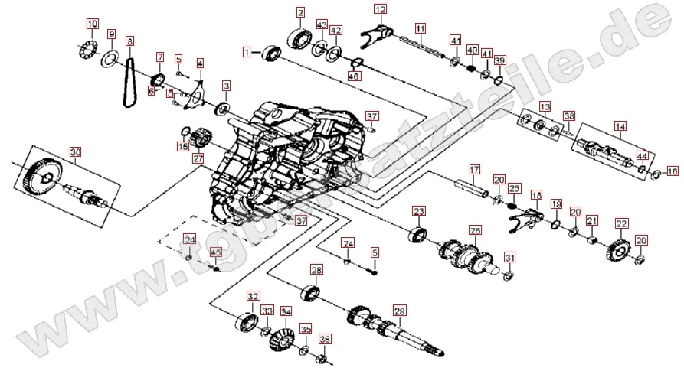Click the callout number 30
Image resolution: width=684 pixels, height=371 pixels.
tap(74, 151)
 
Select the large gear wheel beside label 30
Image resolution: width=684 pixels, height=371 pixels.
tap(47, 178)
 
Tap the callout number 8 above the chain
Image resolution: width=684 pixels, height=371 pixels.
tap(129, 41)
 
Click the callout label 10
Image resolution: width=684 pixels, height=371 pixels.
tap(92, 24)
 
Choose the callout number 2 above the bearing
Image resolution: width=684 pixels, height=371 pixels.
tap(300, 12)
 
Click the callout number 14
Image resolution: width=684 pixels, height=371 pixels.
tap(620, 125)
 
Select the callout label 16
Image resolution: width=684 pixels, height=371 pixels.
tap(672, 170)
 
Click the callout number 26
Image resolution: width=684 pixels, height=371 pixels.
tap(475, 230)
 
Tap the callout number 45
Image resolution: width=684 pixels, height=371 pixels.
tap(215, 253)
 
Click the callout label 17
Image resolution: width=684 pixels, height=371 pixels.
tap(473, 169)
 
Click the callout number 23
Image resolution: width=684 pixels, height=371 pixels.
tap(418, 211)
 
